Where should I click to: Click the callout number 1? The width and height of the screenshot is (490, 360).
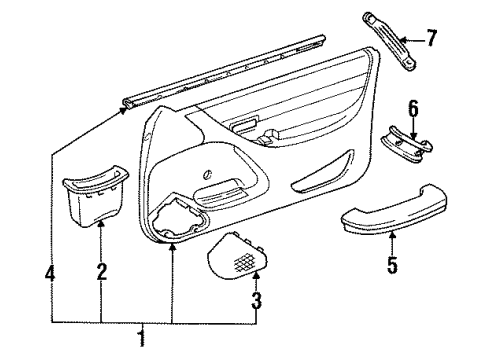[x=139, y=340]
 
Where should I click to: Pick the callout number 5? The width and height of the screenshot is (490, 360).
[x=392, y=265]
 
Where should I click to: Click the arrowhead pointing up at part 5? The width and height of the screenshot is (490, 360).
[x=392, y=236]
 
